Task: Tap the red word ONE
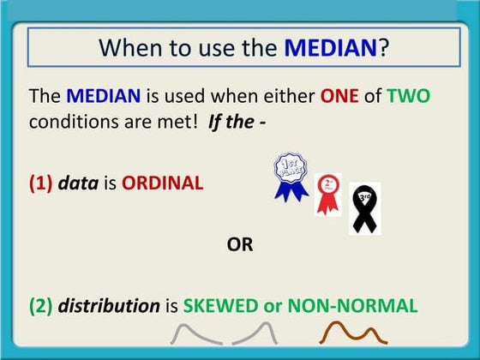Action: (340, 97)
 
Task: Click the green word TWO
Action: (408, 97)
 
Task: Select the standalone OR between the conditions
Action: (239, 245)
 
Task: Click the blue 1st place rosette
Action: (291, 176)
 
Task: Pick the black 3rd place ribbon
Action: (363, 207)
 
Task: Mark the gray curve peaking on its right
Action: (255, 335)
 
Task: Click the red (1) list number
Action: (41, 183)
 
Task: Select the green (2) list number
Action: (41, 305)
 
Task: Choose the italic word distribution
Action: (109, 305)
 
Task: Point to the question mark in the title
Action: (383, 46)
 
